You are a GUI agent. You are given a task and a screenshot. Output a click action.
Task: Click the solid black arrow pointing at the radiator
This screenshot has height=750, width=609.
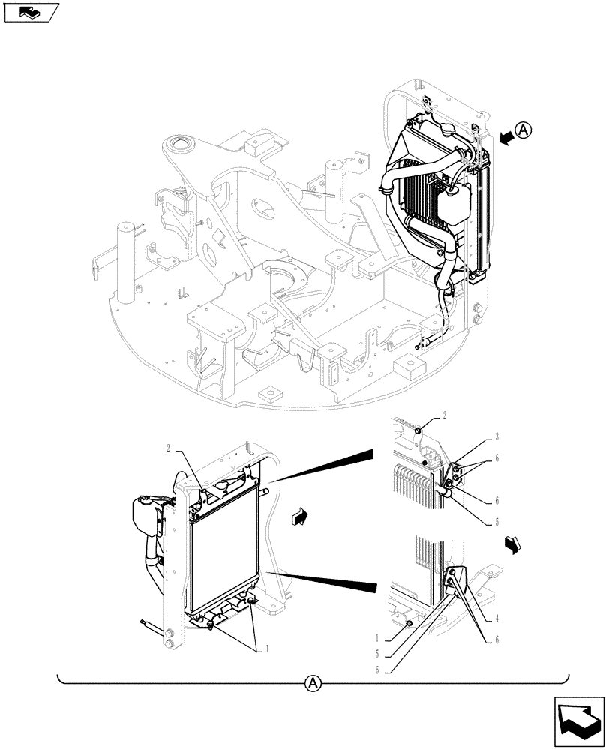pos(508,136)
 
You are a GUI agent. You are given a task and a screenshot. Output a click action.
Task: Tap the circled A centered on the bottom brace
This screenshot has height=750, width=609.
pos(313,683)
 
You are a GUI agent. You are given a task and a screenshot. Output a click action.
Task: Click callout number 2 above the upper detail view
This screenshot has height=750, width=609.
pos(445,415)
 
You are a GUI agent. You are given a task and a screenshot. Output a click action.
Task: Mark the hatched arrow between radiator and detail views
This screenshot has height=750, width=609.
pos(299,515)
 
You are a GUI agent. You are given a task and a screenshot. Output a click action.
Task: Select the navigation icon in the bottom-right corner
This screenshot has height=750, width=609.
pos(579,718)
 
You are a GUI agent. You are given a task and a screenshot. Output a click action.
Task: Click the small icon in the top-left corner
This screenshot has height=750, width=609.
pos(31,13)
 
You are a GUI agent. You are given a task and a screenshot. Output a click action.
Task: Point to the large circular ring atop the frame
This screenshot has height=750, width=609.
pos(181,144)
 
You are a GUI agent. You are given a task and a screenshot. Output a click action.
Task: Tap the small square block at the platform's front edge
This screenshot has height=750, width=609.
pos(268,394)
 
